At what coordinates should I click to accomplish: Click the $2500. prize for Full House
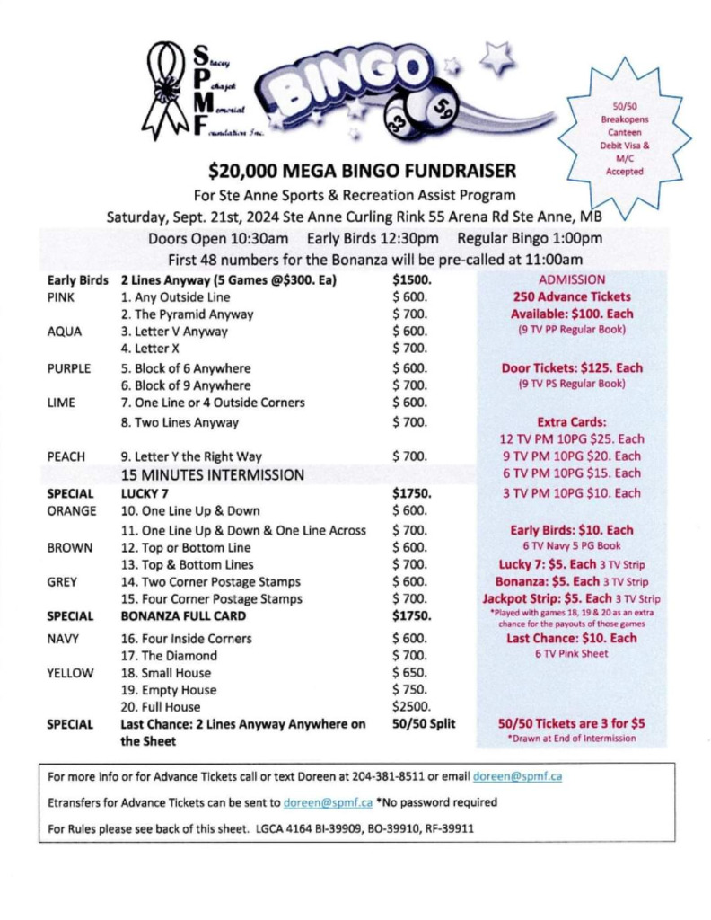pos(411,707)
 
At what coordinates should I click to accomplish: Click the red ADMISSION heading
pos(572,279)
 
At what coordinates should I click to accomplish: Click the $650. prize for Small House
pos(409,673)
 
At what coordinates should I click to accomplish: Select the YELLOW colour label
pos(66,673)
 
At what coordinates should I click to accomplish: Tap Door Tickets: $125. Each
pos(572,367)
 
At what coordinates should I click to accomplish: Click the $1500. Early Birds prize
pos(412,279)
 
